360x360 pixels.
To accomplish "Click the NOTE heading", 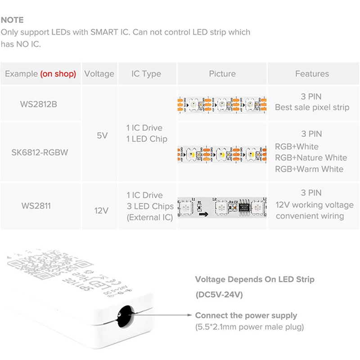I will pyautogui.click(x=12, y=20).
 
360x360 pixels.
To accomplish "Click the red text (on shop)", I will pyautogui.click(x=58, y=74).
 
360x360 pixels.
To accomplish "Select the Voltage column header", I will pyautogui.click(x=99, y=74).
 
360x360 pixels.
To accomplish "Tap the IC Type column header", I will pyautogui.click(x=146, y=74).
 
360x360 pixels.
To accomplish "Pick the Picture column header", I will pyautogui.click(x=222, y=74).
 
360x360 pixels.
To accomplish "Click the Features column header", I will pyautogui.click(x=312, y=74).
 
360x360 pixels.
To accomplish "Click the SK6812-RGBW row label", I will pyautogui.click(x=40, y=152).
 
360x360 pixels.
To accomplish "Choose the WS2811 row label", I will pyautogui.click(x=36, y=206).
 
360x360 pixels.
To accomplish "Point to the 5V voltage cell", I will pyautogui.click(x=102, y=135).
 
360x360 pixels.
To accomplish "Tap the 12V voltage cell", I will pyautogui.click(x=102, y=210).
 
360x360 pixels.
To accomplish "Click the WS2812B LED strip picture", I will pyautogui.click(x=222, y=104).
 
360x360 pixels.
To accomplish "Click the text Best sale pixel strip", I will pyautogui.click(x=312, y=108).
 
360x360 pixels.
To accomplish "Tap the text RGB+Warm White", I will pyautogui.click(x=309, y=169).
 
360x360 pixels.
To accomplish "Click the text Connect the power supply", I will pyautogui.click(x=246, y=315).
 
